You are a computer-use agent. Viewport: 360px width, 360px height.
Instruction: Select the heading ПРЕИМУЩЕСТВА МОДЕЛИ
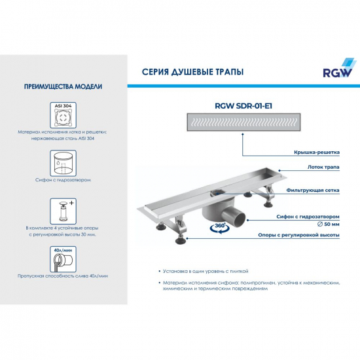63,86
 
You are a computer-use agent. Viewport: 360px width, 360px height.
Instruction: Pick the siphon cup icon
63,163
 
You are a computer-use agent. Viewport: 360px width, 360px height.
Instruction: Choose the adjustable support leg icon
63,211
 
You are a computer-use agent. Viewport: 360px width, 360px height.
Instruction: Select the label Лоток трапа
321,168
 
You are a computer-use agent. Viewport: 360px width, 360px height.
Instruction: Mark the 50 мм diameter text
326,224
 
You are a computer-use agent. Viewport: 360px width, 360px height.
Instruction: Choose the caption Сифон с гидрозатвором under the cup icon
63,179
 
